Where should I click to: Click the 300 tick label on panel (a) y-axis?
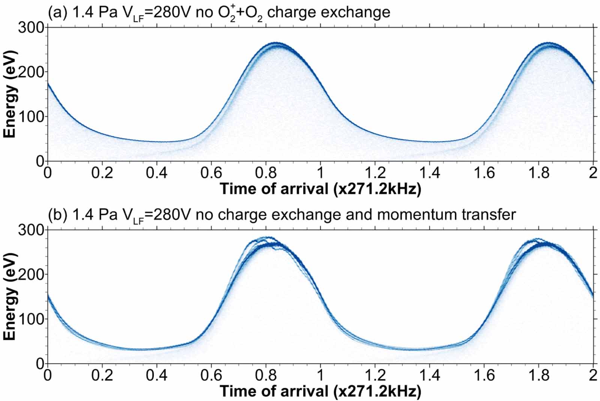point(31,27)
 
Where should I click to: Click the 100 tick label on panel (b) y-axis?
point(31,319)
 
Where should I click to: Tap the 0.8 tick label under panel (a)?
point(265,173)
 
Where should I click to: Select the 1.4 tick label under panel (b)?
point(429,375)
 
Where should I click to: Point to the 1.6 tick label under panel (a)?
point(484,173)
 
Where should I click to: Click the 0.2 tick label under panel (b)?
point(102,375)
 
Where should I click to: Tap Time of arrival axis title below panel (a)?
point(320,189)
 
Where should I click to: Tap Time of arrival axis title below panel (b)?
point(320,391)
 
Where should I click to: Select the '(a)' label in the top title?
point(57,12)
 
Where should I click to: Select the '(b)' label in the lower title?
point(57,215)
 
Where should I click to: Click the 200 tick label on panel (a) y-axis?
point(31,72)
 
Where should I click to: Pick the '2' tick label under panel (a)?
point(593,173)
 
